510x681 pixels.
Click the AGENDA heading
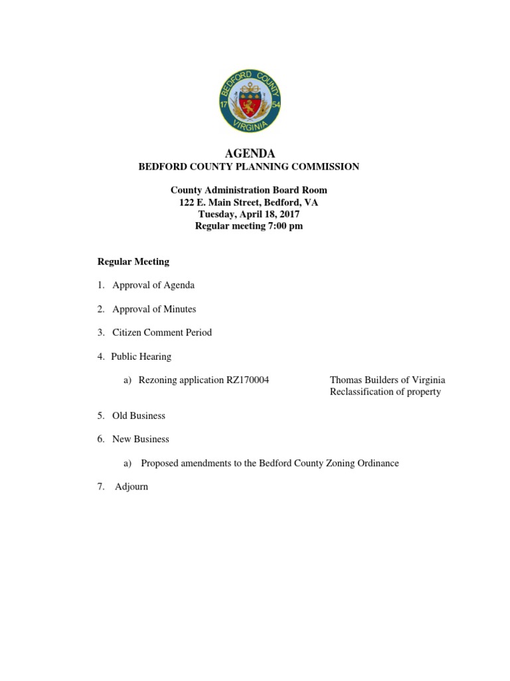click(250, 154)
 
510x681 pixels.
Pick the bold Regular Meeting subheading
click(133, 261)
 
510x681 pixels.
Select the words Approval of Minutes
click(154, 309)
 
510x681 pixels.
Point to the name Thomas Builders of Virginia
click(387, 380)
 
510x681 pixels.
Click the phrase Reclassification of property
click(385, 392)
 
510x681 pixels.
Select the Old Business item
click(139, 416)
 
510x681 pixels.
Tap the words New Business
click(141, 439)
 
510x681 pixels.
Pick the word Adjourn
click(131, 487)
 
